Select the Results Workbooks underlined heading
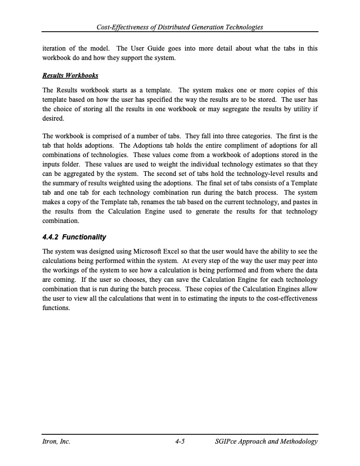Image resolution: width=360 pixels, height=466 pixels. [69, 76]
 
